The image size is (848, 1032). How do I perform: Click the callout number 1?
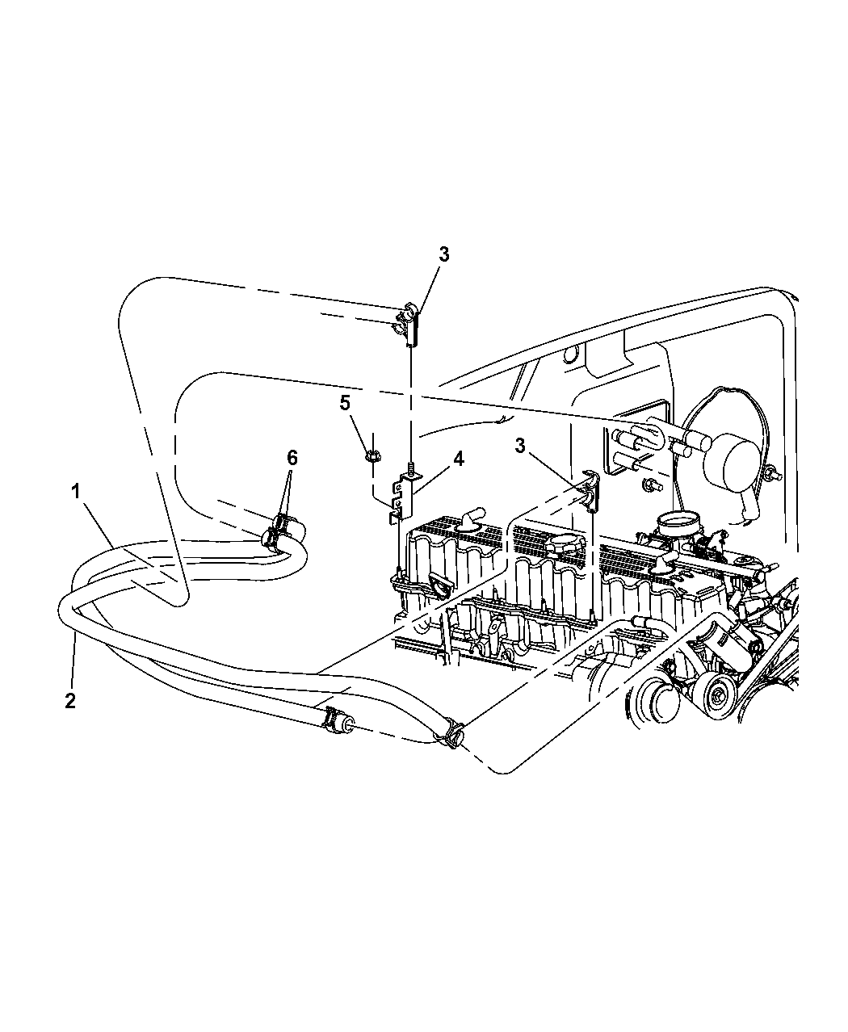click(x=75, y=492)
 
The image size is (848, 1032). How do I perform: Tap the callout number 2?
click(x=70, y=702)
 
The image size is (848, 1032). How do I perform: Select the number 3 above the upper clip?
click(x=443, y=255)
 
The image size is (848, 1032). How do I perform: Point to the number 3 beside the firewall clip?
click(x=519, y=446)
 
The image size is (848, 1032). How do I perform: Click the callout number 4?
click(x=459, y=459)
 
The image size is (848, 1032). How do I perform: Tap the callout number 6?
click(x=292, y=458)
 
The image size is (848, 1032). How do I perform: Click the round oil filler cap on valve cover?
click(x=565, y=543)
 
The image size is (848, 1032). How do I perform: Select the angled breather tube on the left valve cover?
click(x=470, y=519)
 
